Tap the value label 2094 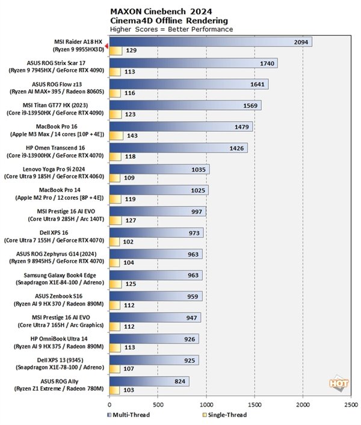[x=303, y=42]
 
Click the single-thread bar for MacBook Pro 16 [x=116, y=135]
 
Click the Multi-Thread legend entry [x=129, y=415]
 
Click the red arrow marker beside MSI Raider [x=106, y=46]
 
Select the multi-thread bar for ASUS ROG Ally [x=149, y=380]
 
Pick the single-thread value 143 [x=132, y=135]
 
